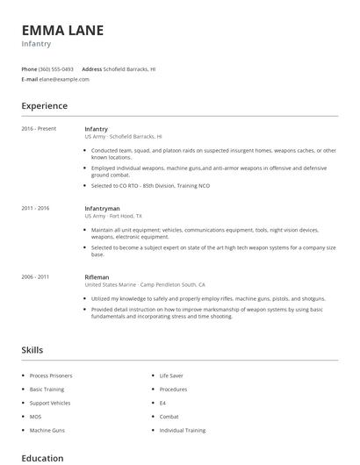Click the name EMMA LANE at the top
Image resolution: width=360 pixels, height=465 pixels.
click(62, 30)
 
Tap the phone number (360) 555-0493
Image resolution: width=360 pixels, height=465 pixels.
click(56, 68)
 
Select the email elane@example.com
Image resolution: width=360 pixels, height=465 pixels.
click(64, 79)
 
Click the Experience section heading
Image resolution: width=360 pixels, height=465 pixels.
click(44, 106)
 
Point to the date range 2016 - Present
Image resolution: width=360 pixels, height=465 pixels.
click(39, 129)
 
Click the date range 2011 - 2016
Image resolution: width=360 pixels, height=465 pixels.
click(35, 208)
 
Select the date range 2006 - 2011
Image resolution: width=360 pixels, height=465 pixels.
click(35, 276)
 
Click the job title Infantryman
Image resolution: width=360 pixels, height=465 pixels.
click(103, 208)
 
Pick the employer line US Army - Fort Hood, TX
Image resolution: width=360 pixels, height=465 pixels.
click(112, 215)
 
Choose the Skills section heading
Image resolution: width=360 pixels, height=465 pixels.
click(32, 350)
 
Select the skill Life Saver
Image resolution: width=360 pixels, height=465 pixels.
click(170, 375)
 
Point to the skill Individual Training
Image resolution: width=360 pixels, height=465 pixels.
click(183, 430)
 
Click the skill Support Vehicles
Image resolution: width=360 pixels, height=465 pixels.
click(49, 403)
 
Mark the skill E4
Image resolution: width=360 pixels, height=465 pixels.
click(163, 403)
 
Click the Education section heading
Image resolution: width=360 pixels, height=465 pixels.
click(42, 458)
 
